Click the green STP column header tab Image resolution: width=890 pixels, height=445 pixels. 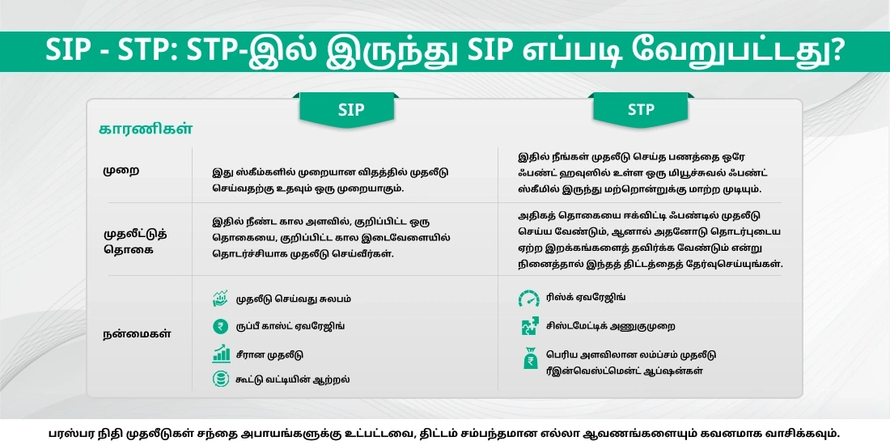pyautogui.click(x=640, y=109)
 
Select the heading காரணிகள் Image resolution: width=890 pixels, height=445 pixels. pyautogui.click(x=145, y=129)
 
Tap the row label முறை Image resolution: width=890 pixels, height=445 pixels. pyautogui.click(x=118, y=172)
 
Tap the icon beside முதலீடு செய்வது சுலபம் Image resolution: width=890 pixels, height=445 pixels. pyautogui.click(x=220, y=299)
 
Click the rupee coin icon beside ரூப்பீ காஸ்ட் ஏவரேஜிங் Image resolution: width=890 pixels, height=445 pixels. pyautogui.click(x=220, y=326)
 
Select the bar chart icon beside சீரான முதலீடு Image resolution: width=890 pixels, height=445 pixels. pyautogui.click(x=220, y=354)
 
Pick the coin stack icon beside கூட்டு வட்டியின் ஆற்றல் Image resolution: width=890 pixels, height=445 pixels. pyautogui.click(x=220, y=379)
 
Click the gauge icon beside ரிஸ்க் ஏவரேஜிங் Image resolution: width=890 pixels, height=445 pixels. pyautogui.click(x=529, y=299)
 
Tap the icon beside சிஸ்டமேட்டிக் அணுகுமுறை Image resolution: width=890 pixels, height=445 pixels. pyautogui.click(x=529, y=326)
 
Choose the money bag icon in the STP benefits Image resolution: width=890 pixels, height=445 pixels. pyautogui.click(x=530, y=358)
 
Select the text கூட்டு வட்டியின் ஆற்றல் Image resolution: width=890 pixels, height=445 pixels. pyautogui.click(x=293, y=379)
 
